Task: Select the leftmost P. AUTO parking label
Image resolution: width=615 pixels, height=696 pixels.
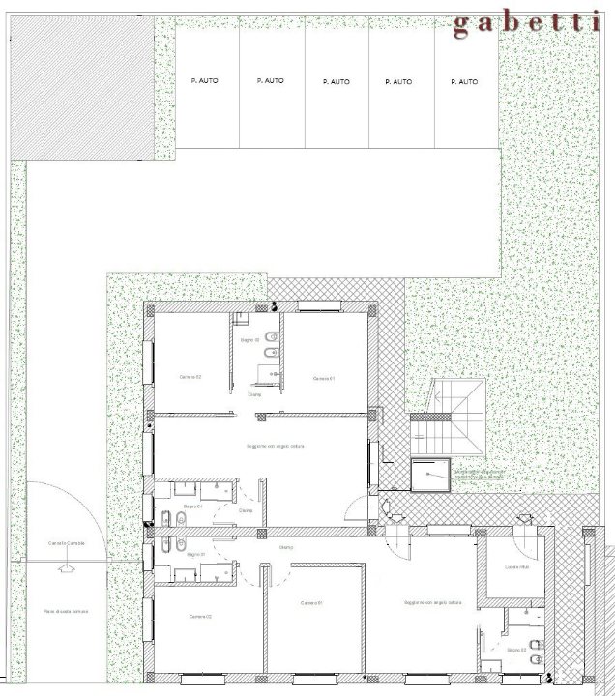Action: tap(204, 81)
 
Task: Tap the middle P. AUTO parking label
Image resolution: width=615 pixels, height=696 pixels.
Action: tap(335, 82)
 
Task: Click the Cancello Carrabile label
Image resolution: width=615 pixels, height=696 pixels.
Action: tap(67, 543)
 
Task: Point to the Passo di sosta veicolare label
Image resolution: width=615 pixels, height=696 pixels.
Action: tap(66, 612)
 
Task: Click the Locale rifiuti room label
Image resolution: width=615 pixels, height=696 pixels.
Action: tap(516, 567)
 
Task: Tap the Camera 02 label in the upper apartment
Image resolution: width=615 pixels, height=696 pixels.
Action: tap(190, 376)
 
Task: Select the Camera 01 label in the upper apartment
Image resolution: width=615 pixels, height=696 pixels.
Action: tap(324, 378)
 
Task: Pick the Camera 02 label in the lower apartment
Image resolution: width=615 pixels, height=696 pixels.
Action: tap(200, 617)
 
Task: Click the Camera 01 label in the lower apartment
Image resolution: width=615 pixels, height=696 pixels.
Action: tap(311, 603)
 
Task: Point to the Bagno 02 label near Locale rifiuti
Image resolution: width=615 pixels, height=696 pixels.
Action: tap(517, 650)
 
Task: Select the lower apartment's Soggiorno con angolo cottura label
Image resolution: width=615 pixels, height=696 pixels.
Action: tap(433, 603)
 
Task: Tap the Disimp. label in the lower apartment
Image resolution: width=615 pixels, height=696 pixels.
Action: tap(286, 548)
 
